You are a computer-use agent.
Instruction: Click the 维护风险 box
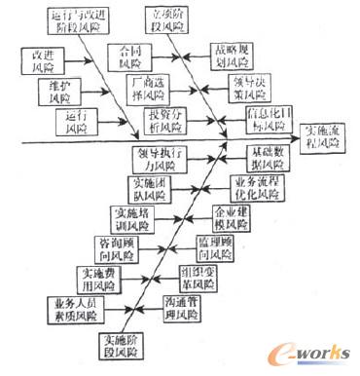pos(60,92)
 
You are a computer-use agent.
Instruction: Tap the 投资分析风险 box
pos(162,124)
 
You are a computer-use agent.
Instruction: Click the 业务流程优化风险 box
pos(255,187)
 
